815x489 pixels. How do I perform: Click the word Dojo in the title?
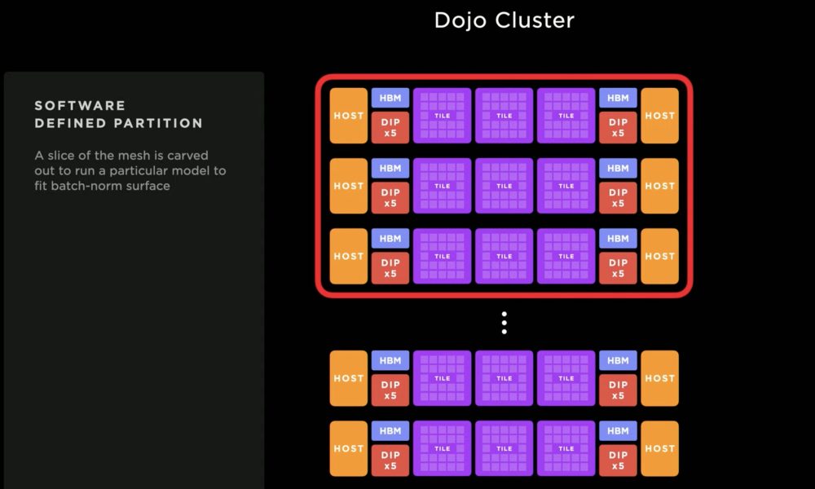pyautogui.click(x=460, y=20)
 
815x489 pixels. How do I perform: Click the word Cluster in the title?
pyautogui.click(x=535, y=20)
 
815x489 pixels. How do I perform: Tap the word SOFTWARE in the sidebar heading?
pyautogui.click(x=80, y=105)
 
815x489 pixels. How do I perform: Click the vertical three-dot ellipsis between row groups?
pyautogui.click(x=504, y=323)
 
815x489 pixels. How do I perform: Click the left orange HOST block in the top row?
pyautogui.click(x=349, y=116)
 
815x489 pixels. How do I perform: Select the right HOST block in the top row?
pyautogui.click(x=659, y=116)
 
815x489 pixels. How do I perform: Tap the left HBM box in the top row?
pyautogui.click(x=390, y=98)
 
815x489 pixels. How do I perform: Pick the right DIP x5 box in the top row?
pyautogui.click(x=618, y=127)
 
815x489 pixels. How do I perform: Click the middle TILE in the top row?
pyautogui.click(x=504, y=116)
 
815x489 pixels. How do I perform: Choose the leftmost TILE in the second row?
pyautogui.click(x=443, y=186)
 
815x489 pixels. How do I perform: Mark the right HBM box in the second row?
pyautogui.click(x=618, y=168)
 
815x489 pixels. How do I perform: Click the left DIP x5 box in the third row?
pyautogui.click(x=390, y=268)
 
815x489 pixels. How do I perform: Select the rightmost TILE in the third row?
pyautogui.click(x=566, y=256)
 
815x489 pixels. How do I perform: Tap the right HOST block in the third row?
pyautogui.click(x=659, y=256)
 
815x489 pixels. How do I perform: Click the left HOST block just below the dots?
pyautogui.click(x=349, y=378)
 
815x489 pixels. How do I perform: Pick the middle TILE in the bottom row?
pyautogui.click(x=504, y=448)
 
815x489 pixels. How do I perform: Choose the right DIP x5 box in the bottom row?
pyautogui.click(x=618, y=460)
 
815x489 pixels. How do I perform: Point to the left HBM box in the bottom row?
pyautogui.click(x=390, y=431)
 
